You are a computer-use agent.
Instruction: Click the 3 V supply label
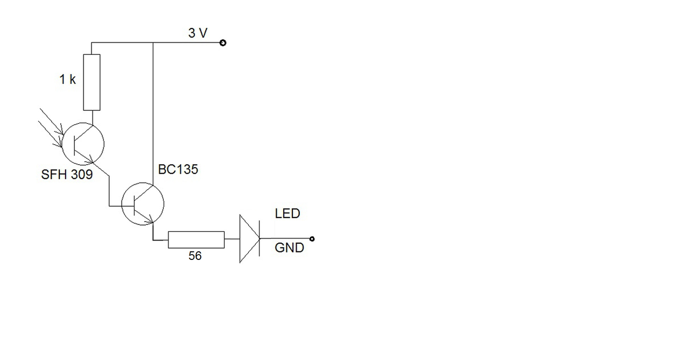click(198, 33)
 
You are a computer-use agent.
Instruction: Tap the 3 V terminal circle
click(223, 43)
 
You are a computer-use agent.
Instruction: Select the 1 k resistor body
click(92, 82)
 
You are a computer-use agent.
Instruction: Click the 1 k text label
click(68, 80)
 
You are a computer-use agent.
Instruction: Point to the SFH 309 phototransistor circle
click(82, 143)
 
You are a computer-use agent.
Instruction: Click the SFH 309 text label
click(67, 175)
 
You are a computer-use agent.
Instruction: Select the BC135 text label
click(178, 170)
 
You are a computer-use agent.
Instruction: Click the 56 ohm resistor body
click(196, 239)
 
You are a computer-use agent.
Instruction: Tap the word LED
click(287, 214)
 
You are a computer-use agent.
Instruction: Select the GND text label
click(290, 248)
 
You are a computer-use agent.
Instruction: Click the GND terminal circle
click(312, 239)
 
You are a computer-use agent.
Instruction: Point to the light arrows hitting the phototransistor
click(52, 126)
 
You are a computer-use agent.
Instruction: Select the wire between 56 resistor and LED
click(232, 239)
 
